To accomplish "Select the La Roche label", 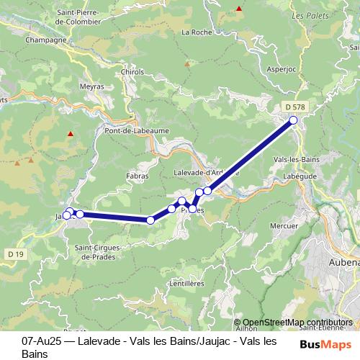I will (x=195, y=32).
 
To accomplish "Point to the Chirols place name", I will (x=133, y=72).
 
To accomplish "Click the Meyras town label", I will (x=93, y=86).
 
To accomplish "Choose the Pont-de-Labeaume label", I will (x=130, y=131).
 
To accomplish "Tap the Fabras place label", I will (x=137, y=176).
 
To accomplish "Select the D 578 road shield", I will (x=293, y=107).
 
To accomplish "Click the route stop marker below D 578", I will (x=293, y=120).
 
